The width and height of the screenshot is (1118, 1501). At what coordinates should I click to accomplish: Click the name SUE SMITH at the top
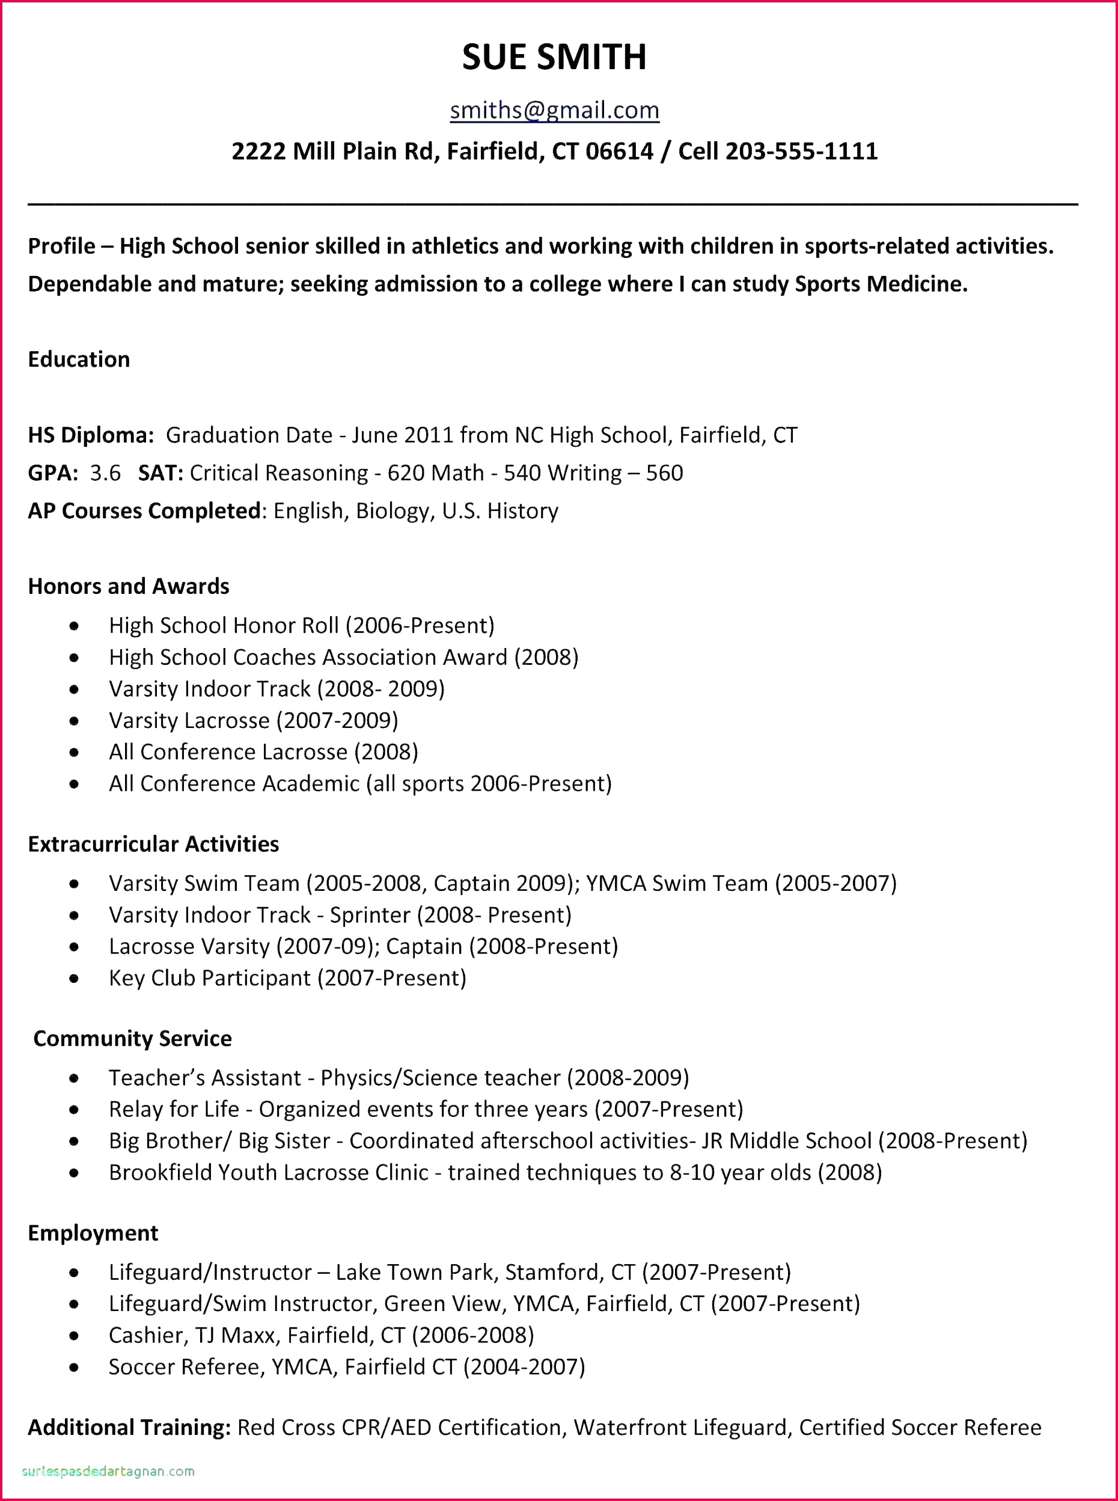pos(554,57)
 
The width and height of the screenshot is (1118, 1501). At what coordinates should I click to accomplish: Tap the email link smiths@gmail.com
pos(554,109)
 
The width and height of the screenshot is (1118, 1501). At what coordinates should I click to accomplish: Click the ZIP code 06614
pos(619,151)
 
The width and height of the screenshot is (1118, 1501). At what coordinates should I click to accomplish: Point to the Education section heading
pos(79,359)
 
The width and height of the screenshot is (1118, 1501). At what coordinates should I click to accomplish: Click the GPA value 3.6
pos(105,473)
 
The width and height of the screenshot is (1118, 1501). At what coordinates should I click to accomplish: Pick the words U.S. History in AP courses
pos(500,511)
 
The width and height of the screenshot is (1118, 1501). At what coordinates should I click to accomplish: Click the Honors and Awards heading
pos(129,586)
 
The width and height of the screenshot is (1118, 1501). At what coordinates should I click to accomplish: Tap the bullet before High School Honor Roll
pos(74,626)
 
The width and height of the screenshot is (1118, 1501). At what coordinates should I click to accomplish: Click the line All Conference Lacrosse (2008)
pos(263,752)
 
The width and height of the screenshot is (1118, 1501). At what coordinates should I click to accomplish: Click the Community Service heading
pos(133,1039)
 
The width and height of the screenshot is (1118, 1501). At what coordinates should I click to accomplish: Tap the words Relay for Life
pos(174,1109)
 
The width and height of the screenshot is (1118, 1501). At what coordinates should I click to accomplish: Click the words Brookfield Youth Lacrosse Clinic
pos(269,1172)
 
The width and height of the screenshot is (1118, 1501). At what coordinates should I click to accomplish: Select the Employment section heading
pos(93,1233)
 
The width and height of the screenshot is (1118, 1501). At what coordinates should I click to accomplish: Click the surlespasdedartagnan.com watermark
pos(108,1471)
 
